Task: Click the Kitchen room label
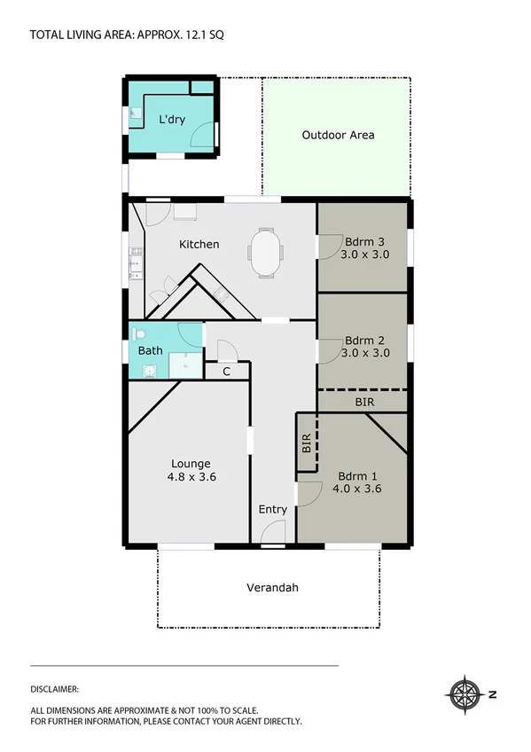pyautogui.click(x=199, y=244)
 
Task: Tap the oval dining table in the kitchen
pyautogui.click(x=267, y=252)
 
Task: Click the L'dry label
pyautogui.click(x=172, y=120)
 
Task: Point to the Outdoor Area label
pyautogui.click(x=338, y=135)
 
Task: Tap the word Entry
pyautogui.click(x=272, y=509)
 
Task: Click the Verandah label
pyautogui.click(x=272, y=587)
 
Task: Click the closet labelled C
pyautogui.click(x=227, y=372)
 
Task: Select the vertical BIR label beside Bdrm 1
pyautogui.click(x=306, y=443)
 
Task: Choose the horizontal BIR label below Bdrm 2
pyautogui.click(x=364, y=402)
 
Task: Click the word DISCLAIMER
pyautogui.click(x=55, y=688)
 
